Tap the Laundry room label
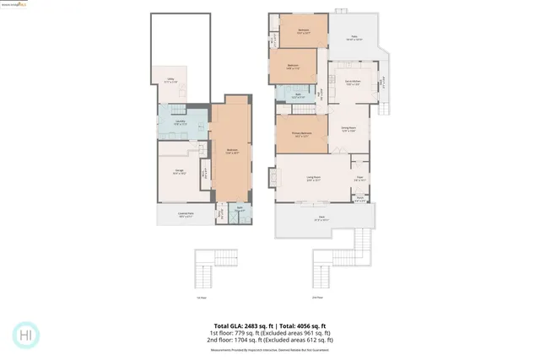(x=180, y=123)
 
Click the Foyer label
(x=359, y=178)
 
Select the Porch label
(x=359, y=201)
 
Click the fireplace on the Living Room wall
(x=272, y=178)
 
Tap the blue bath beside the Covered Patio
(x=240, y=212)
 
